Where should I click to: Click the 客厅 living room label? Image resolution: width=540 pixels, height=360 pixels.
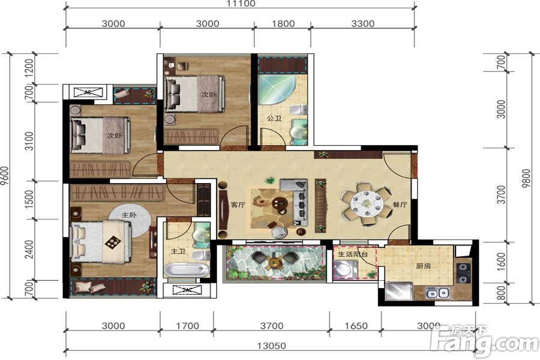pyautogui.click(x=238, y=204)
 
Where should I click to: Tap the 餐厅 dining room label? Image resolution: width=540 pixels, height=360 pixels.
pyautogui.click(x=400, y=204)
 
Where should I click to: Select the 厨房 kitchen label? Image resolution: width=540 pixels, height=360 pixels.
pyautogui.click(x=423, y=266)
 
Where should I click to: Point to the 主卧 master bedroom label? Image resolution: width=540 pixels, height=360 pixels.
pyautogui.click(x=129, y=215)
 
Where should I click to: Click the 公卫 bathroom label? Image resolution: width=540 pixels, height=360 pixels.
pyautogui.click(x=274, y=118)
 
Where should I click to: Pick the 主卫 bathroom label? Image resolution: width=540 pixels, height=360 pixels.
pyautogui.click(x=178, y=251)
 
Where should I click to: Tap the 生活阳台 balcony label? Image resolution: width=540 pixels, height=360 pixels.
pyautogui.click(x=353, y=254)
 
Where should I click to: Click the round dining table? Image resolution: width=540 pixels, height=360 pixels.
pyautogui.click(x=367, y=204)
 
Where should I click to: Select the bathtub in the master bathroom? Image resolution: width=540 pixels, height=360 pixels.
pyautogui.click(x=187, y=270)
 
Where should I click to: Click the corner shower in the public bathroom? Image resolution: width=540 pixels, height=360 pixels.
pyautogui.click(x=276, y=89)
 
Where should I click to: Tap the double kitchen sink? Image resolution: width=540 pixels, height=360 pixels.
pyautogui.click(x=437, y=293)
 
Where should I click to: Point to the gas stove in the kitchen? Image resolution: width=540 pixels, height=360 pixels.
pyautogui.click(x=464, y=273)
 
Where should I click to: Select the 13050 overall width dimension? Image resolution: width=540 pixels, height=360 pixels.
pyautogui.click(x=271, y=346)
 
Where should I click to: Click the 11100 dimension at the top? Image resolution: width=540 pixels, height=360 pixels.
pyautogui.click(x=241, y=4)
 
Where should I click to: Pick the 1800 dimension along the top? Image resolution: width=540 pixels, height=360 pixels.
pyautogui.click(x=283, y=23)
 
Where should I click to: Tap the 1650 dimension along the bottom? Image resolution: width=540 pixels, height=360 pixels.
pyautogui.click(x=356, y=326)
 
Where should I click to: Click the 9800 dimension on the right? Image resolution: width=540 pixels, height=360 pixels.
pyautogui.click(x=526, y=178)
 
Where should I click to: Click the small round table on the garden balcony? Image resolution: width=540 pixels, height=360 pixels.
pyautogui.click(x=274, y=263)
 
